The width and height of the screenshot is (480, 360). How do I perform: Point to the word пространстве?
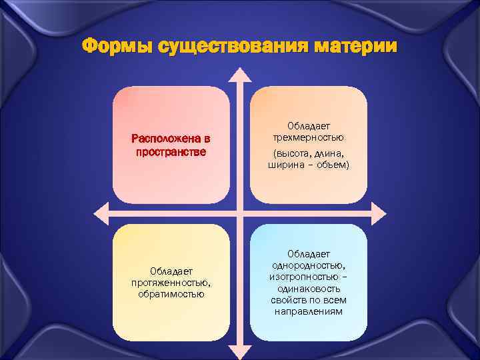(171, 151)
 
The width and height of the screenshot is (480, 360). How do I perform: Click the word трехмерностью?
(309, 138)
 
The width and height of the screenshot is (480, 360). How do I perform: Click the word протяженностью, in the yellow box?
(171, 282)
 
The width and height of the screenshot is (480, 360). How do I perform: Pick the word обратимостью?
(171, 294)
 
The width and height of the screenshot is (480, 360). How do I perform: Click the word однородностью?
(309, 265)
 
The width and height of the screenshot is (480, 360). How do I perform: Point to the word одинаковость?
(309, 289)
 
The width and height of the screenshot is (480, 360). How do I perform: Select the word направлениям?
(309, 311)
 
